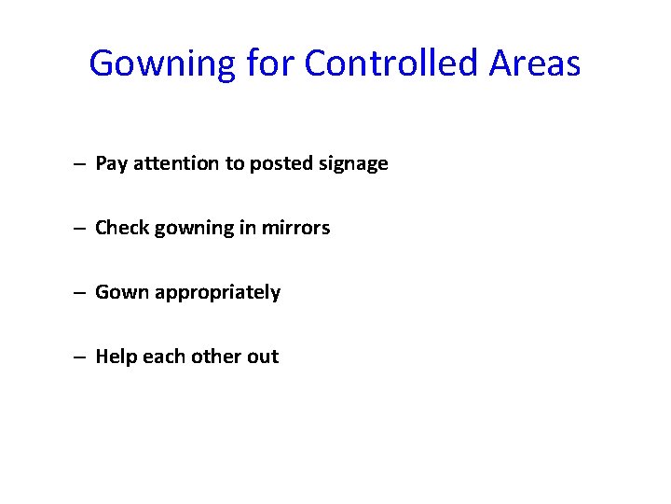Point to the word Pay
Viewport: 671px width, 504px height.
pyautogui.click(x=112, y=164)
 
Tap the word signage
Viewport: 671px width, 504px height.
pyautogui.click(x=353, y=164)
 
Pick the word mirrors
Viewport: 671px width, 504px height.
pyautogui.click(x=296, y=228)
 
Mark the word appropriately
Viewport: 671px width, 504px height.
pyautogui.click(x=217, y=293)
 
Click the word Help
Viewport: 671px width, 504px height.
pyautogui.click(x=116, y=357)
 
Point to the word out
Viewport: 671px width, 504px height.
pyautogui.click(x=263, y=357)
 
